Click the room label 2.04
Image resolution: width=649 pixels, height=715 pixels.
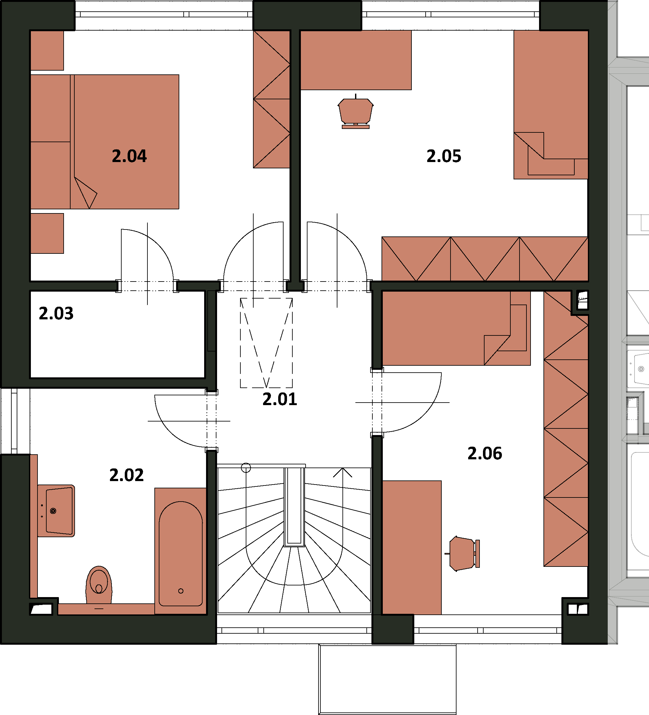click(129, 156)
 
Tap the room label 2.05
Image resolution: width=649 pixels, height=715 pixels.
click(444, 156)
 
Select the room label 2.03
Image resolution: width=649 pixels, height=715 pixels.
click(56, 313)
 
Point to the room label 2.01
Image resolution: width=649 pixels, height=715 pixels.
click(280, 399)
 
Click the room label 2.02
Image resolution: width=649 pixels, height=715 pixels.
click(127, 475)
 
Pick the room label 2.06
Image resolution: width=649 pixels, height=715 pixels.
click(485, 453)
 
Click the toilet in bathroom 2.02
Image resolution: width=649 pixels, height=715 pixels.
click(99, 584)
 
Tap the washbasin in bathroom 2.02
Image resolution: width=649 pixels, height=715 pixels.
click(56, 511)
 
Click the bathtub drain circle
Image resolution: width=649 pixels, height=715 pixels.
click(181, 591)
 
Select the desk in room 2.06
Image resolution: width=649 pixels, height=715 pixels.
click(412, 547)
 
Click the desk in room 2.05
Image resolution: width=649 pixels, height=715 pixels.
click(356, 60)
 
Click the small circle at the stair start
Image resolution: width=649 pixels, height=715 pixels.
click(246, 468)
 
